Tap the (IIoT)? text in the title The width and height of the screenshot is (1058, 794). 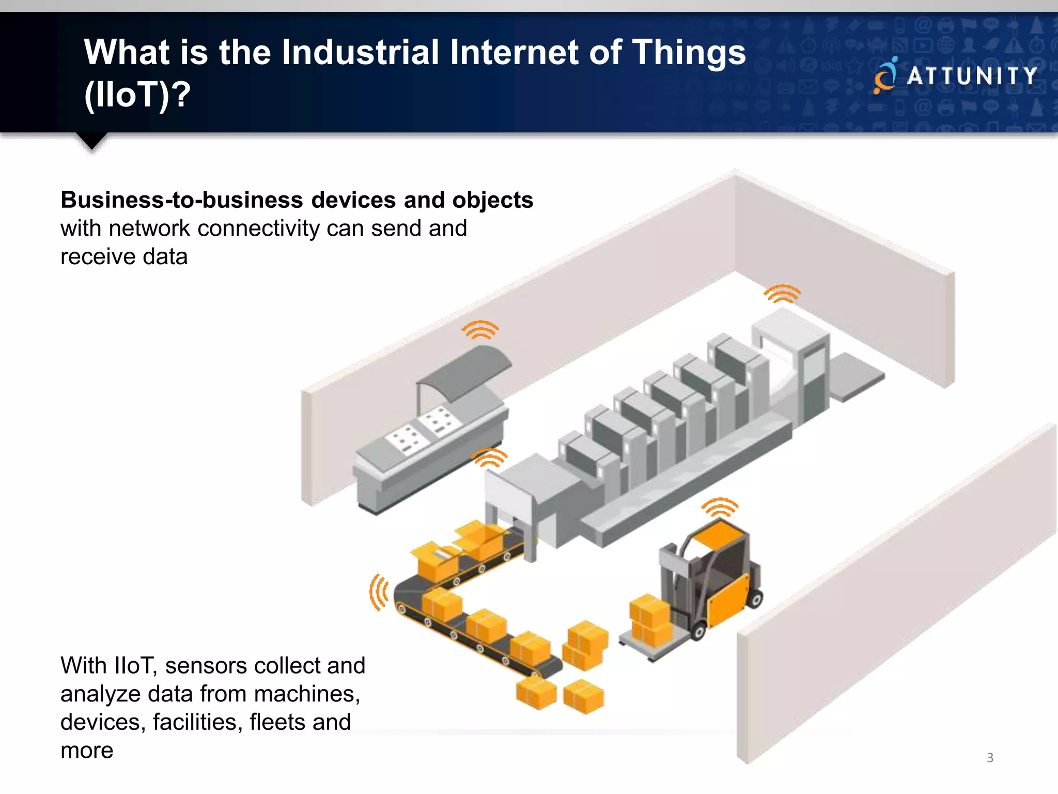[x=137, y=95]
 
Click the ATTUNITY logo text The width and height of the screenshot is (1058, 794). [x=972, y=77]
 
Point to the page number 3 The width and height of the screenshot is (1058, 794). [x=990, y=758]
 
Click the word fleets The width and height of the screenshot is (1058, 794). [x=277, y=722]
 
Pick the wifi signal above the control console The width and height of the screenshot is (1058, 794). [x=480, y=329]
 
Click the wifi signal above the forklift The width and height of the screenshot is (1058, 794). [x=720, y=507]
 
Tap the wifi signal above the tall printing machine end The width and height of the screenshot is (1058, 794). [x=782, y=293]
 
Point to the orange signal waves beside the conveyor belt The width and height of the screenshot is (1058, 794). [x=379, y=592]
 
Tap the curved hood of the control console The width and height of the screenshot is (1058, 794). [x=465, y=370]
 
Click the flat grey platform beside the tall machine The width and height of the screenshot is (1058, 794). [x=857, y=376]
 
